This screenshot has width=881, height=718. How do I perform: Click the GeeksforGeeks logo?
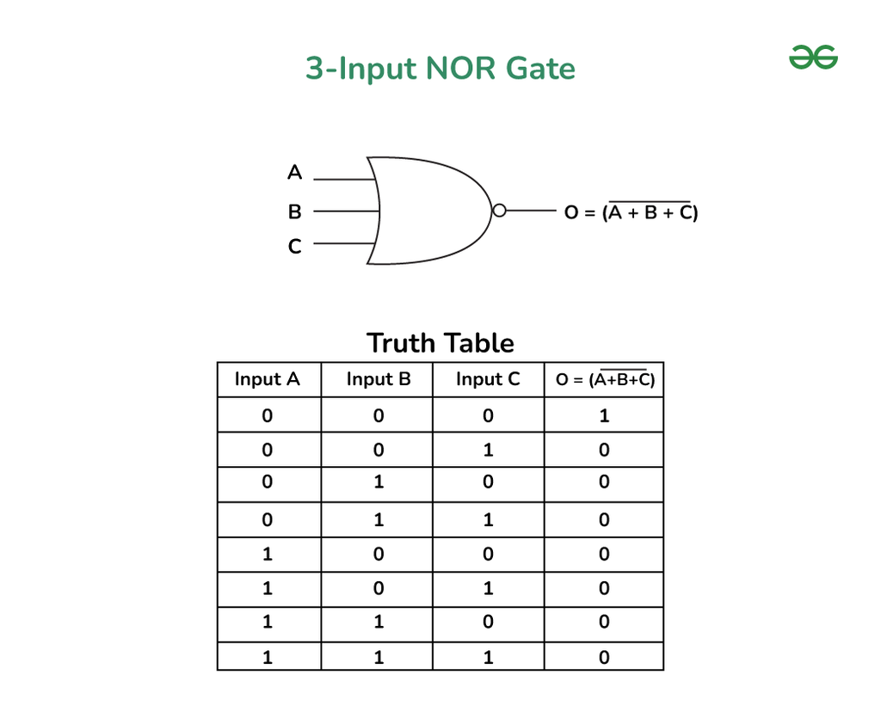click(813, 58)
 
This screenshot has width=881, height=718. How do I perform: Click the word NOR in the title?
click(461, 69)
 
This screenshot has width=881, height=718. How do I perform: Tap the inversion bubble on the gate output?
click(499, 211)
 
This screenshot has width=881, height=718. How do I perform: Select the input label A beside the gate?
click(294, 172)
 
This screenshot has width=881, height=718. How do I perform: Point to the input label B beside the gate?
click(294, 212)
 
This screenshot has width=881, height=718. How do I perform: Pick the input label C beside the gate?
click(294, 246)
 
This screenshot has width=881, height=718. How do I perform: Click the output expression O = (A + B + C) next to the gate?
click(631, 211)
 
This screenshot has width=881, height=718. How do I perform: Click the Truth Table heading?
click(440, 342)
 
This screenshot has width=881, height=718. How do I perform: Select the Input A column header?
click(267, 379)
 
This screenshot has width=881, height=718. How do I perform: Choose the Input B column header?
click(379, 379)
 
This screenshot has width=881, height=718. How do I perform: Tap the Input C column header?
click(488, 379)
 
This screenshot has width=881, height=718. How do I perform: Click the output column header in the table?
click(605, 379)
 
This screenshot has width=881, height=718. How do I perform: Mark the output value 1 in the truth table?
click(604, 415)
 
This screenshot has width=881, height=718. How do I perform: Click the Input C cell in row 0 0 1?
click(489, 450)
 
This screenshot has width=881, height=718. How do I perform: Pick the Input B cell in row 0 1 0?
click(379, 482)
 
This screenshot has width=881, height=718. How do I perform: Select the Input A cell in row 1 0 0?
click(268, 554)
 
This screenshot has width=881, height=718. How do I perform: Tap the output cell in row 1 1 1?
click(604, 657)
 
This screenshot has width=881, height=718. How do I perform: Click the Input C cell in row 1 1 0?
click(488, 622)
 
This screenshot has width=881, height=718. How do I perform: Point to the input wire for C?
click(344, 243)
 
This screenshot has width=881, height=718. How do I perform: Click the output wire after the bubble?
click(531, 211)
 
